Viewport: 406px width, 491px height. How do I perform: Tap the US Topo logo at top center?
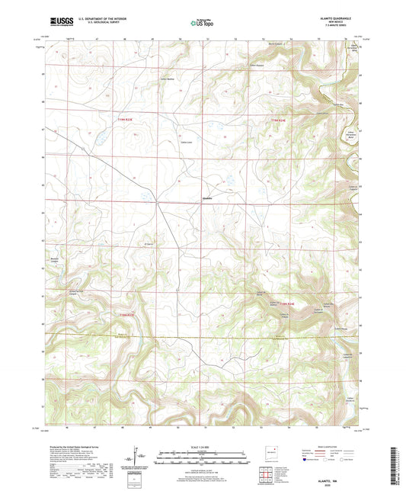(x=203, y=24)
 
